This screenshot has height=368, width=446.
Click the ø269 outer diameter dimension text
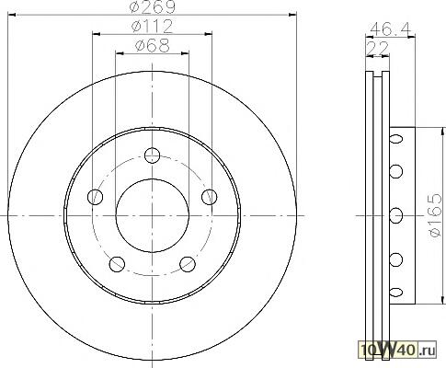coord(153,6)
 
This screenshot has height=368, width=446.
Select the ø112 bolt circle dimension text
coord(153,27)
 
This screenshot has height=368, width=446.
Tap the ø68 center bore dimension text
coord(153,46)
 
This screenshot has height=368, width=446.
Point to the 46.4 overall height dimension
coord(390,29)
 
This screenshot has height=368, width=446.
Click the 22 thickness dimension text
coord(377,48)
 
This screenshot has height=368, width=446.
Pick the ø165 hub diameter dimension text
coord(436,215)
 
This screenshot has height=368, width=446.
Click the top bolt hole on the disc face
coord(153,155)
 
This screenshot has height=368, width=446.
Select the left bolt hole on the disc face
coord(95,197)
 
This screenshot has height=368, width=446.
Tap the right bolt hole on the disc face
coord(210,197)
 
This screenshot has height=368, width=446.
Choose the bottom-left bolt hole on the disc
coord(117,264)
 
